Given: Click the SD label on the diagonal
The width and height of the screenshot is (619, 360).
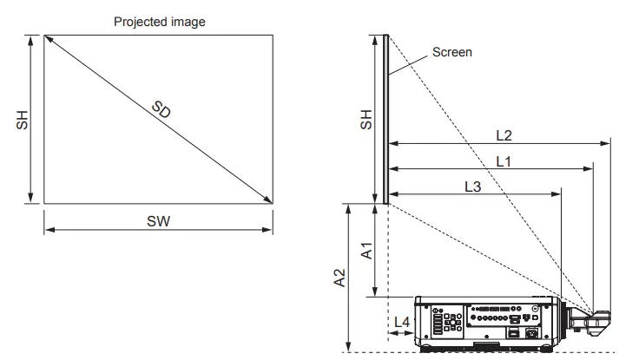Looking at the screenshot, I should coord(161,111).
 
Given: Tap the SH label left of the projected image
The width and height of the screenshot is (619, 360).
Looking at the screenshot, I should coord(23,121).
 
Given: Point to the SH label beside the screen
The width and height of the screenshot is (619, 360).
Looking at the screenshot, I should coord(366,121).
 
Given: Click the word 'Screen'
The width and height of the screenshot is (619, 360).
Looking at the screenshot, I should coord(451,52).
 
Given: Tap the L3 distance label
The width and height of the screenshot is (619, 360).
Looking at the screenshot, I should coord(473,187).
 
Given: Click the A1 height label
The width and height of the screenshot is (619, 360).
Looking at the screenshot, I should coord(366,252).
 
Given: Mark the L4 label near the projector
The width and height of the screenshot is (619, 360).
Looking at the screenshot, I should coord(401,322).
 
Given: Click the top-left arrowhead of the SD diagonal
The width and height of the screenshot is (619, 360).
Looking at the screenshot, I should coord(47,38).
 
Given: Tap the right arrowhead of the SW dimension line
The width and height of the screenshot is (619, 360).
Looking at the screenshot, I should coord(273,230).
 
